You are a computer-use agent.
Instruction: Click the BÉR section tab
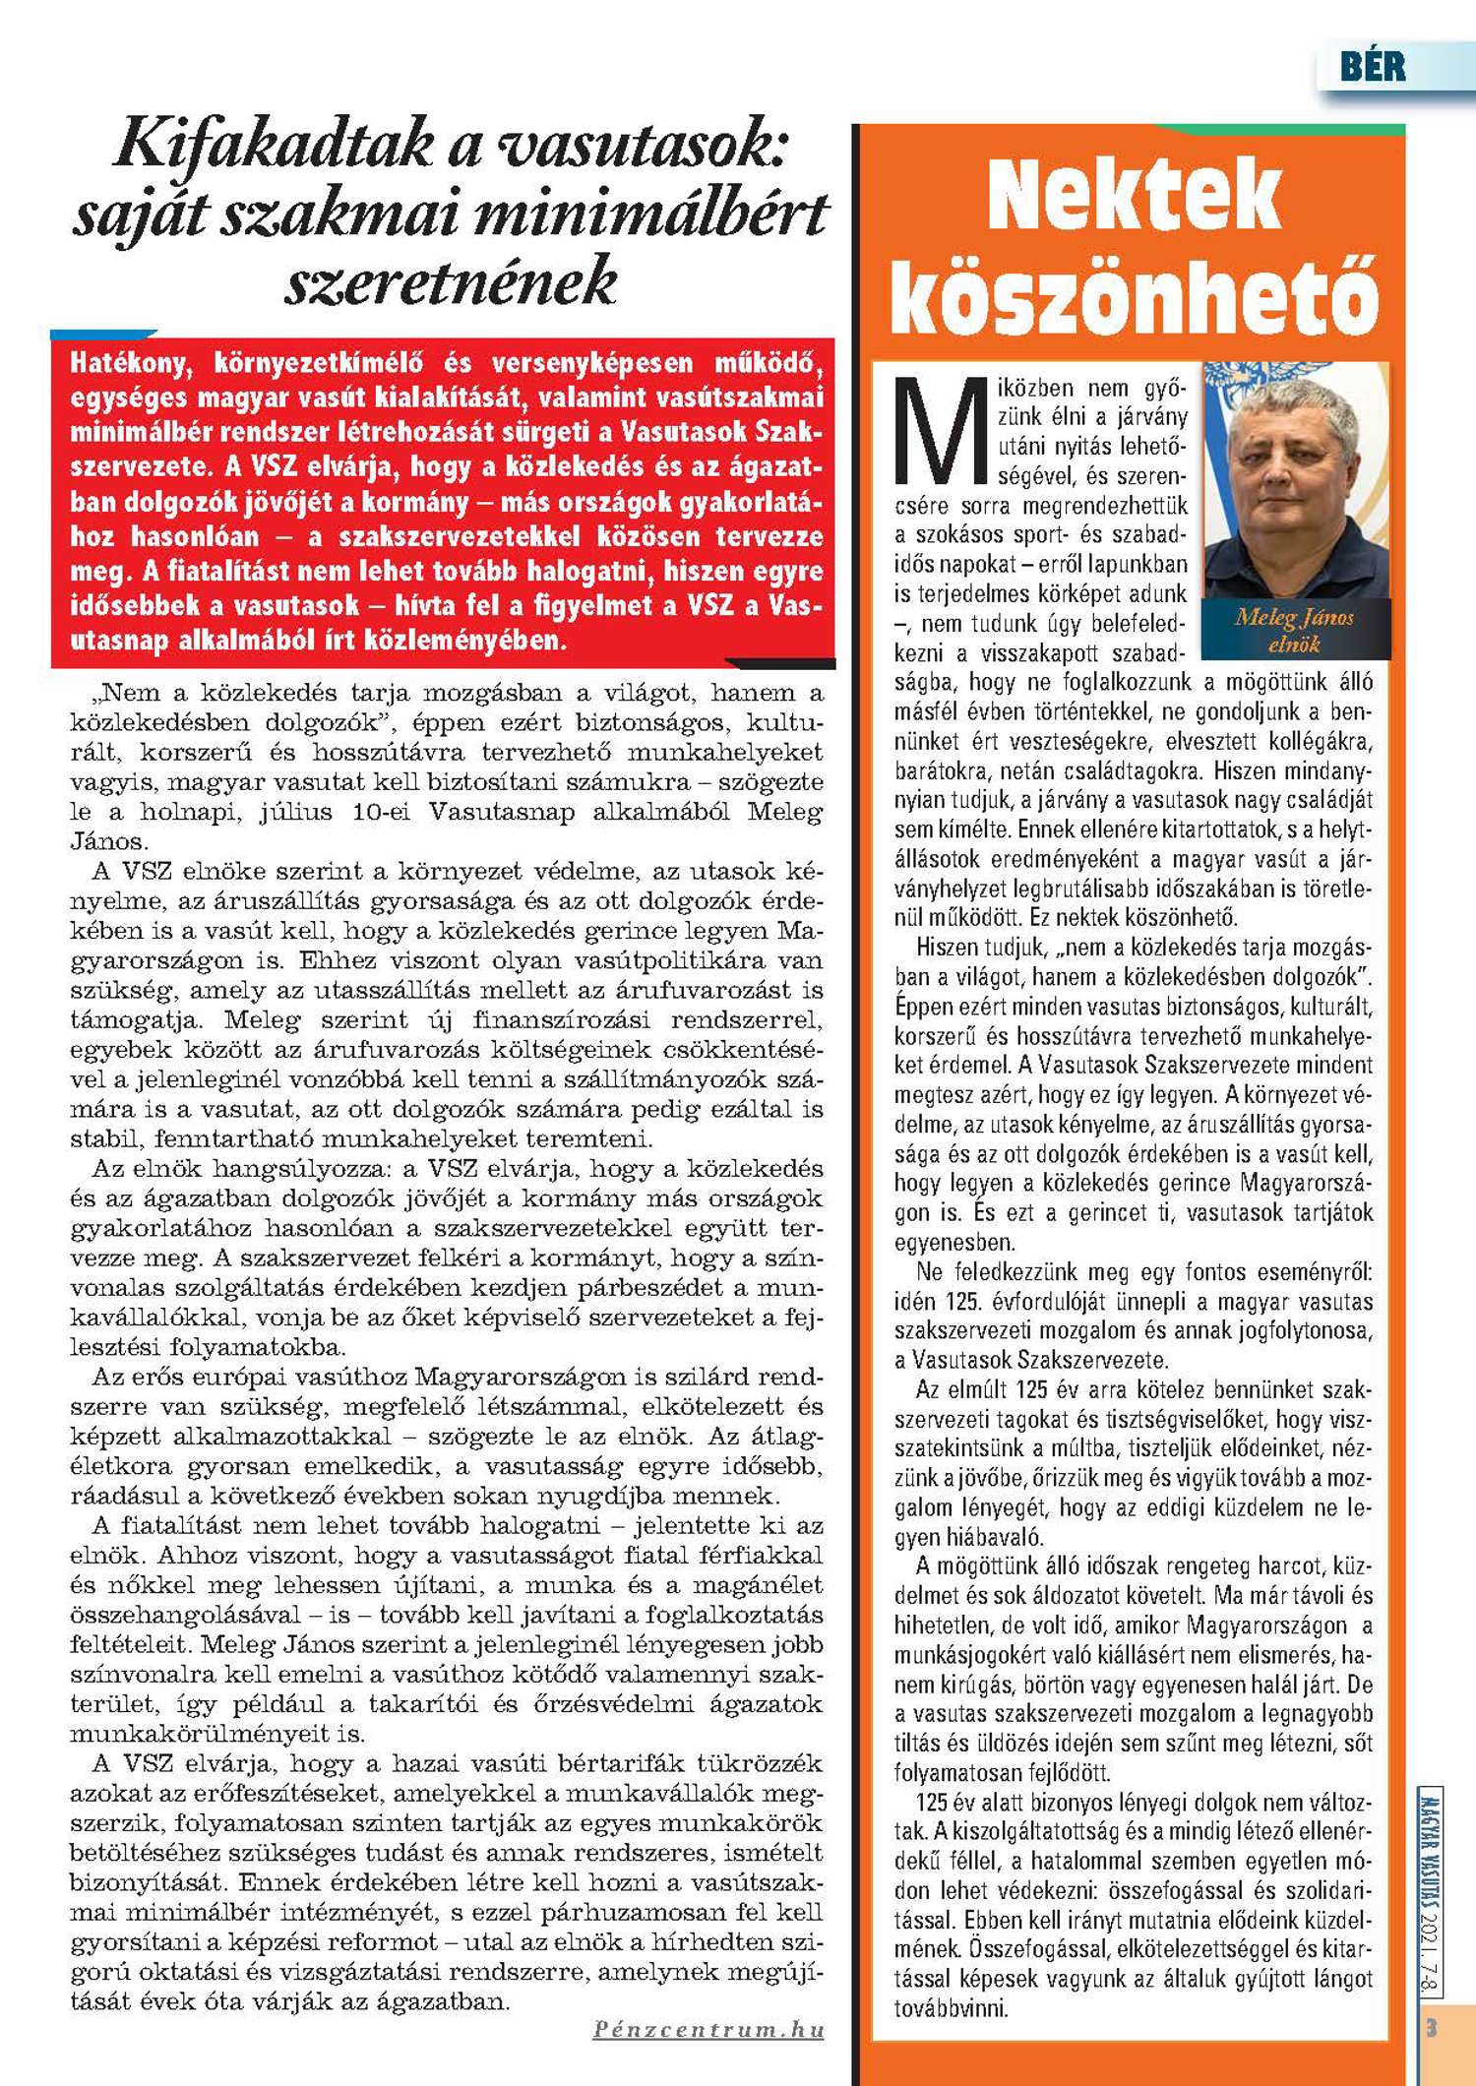[1373, 67]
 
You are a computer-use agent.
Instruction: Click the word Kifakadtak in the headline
[273, 144]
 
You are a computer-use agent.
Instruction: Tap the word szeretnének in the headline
[451, 282]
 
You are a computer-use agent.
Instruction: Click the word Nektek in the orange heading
[1134, 196]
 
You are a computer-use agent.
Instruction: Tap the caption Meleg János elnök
[1294, 631]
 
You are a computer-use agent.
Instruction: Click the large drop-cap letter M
[940, 433]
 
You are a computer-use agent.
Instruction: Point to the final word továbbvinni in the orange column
[951, 2008]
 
